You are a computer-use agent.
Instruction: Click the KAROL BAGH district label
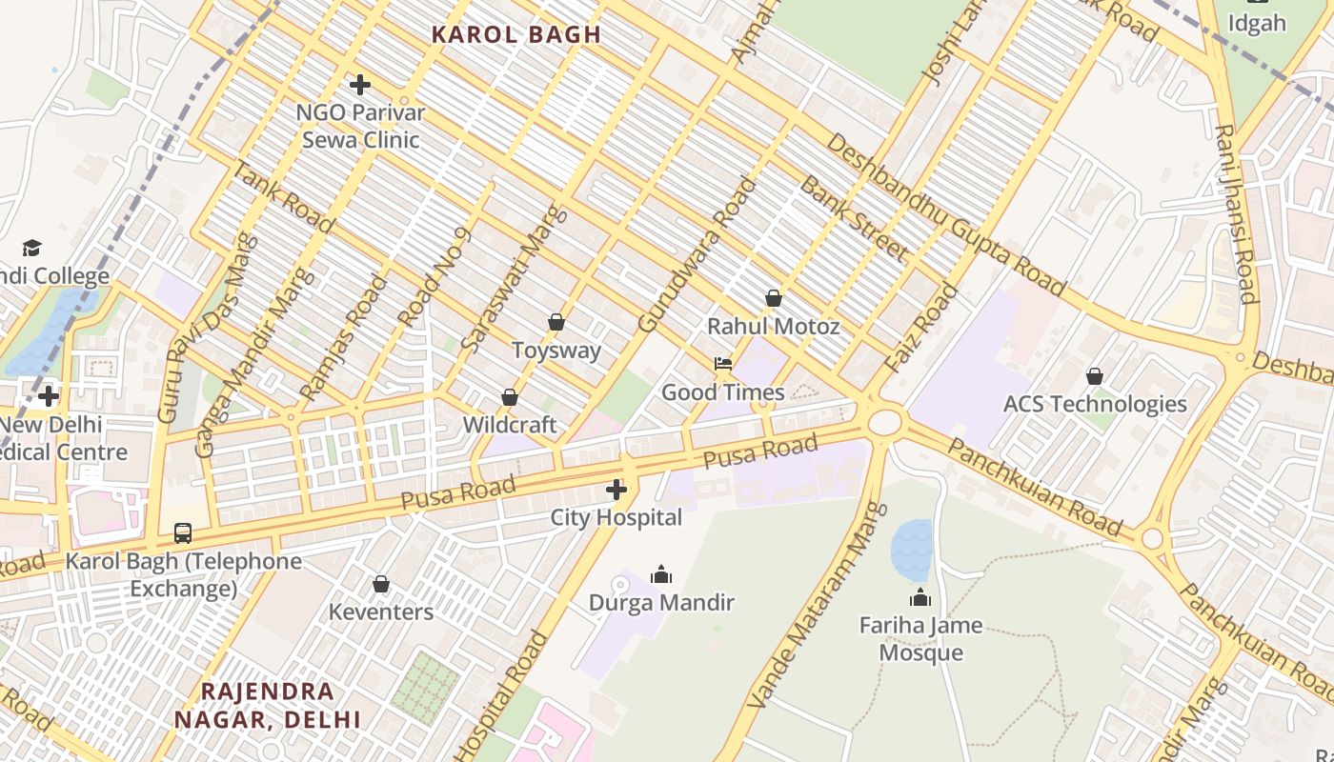click(x=515, y=35)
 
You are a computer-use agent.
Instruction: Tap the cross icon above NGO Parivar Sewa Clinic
click(x=359, y=85)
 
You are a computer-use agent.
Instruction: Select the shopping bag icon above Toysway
click(x=556, y=323)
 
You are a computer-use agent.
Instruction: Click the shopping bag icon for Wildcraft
click(x=510, y=397)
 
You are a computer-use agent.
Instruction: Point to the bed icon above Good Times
click(x=723, y=364)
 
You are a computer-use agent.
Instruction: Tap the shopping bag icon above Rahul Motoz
click(x=774, y=299)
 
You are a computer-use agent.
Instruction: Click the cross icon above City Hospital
click(x=616, y=491)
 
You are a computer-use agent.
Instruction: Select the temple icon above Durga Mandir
click(x=660, y=574)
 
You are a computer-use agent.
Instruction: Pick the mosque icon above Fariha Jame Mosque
click(x=920, y=598)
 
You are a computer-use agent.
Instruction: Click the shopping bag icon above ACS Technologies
click(x=1095, y=376)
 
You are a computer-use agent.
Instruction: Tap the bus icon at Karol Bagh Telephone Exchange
click(x=182, y=533)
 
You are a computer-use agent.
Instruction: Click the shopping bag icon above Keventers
click(x=381, y=584)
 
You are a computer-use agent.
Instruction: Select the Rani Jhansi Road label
click(x=1237, y=213)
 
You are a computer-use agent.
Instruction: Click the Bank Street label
click(x=853, y=218)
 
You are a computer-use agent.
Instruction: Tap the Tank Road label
click(x=283, y=197)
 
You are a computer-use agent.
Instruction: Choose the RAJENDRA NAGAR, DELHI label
click(x=268, y=705)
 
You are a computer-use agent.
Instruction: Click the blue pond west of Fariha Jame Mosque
click(x=912, y=551)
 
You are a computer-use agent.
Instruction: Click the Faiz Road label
click(x=920, y=329)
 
